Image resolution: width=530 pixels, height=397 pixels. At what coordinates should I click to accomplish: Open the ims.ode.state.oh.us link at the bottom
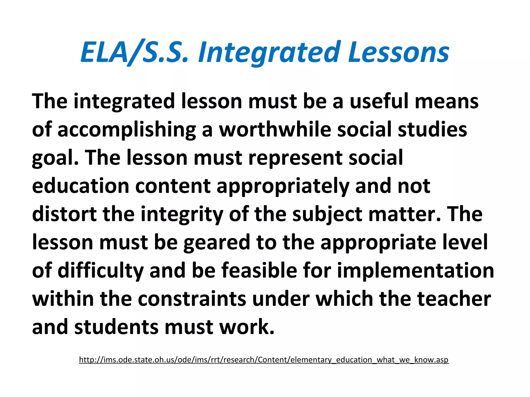pyautogui.click(x=264, y=360)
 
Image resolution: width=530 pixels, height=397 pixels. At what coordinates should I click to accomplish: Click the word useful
pyautogui.click(x=379, y=101)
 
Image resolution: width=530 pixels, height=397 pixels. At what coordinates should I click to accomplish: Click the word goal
pyautogui.click(x=55, y=158)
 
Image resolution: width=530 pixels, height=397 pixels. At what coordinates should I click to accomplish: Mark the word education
pyautogui.click(x=80, y=186)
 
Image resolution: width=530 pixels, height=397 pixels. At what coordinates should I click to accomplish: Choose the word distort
pyautogui.click(x=64, y=215)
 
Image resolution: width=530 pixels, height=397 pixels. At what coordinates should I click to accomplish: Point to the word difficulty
pyautogui.click(x=100, y=271)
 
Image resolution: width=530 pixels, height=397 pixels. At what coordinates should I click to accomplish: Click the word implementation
pyautogui.click(x=415, y=271)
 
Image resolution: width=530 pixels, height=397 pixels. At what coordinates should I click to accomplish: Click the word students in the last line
pyautogui.click(x=116, y=327)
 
